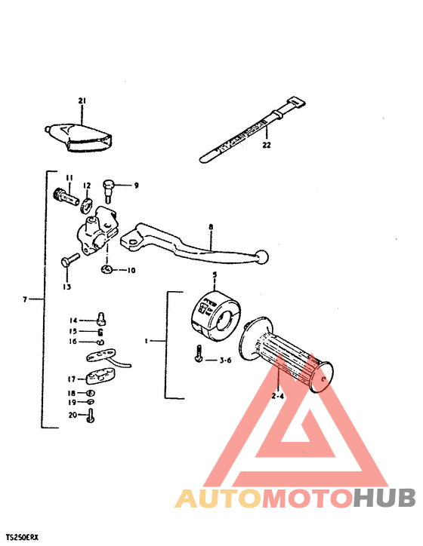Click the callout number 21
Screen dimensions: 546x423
pos(82,100)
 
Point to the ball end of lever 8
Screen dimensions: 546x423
pos(261,258)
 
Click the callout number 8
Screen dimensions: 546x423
pos(211,226)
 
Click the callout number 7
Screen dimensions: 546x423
pos(25,299)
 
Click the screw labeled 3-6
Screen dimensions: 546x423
pos(197,353)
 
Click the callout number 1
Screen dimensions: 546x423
pos(146,341)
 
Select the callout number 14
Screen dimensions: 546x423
pos(73,320)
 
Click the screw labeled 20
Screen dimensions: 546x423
pos(91,414)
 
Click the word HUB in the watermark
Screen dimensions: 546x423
pos(385,498)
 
